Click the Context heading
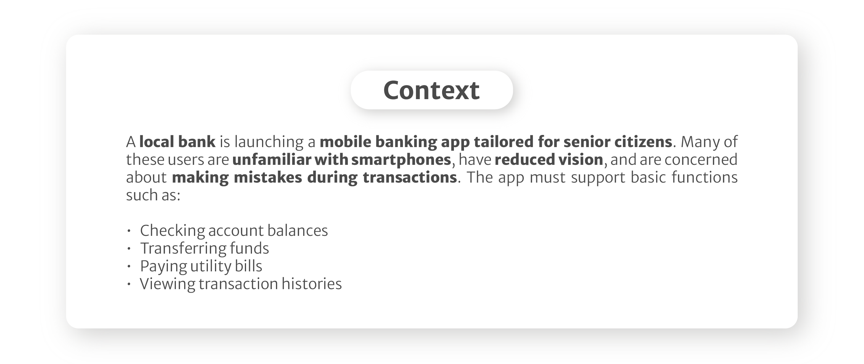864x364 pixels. pos(432,90)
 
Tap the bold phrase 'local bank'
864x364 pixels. pos(177,141)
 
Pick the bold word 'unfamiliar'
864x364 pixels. pos(272,159)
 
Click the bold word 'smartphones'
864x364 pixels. pos(401,160)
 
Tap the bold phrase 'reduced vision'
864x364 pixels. pos(549,159)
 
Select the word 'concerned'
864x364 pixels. pos(701,159)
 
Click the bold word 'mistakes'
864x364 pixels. pos(268,177)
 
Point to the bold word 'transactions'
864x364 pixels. pos(410,177)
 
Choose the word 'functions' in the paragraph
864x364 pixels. pos(705,177)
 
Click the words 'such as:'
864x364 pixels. pos(153,195)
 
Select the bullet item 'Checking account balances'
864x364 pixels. pos(234,231)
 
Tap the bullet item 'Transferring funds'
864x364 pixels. pos(204,249)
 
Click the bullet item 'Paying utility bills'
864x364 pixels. pos(201,266)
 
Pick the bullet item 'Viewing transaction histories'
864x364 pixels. pos(241,284)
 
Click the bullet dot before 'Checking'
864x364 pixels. pos(129,231)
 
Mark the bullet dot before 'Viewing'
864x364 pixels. pos(129,284)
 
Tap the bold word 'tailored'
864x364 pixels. pos(503,141)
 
